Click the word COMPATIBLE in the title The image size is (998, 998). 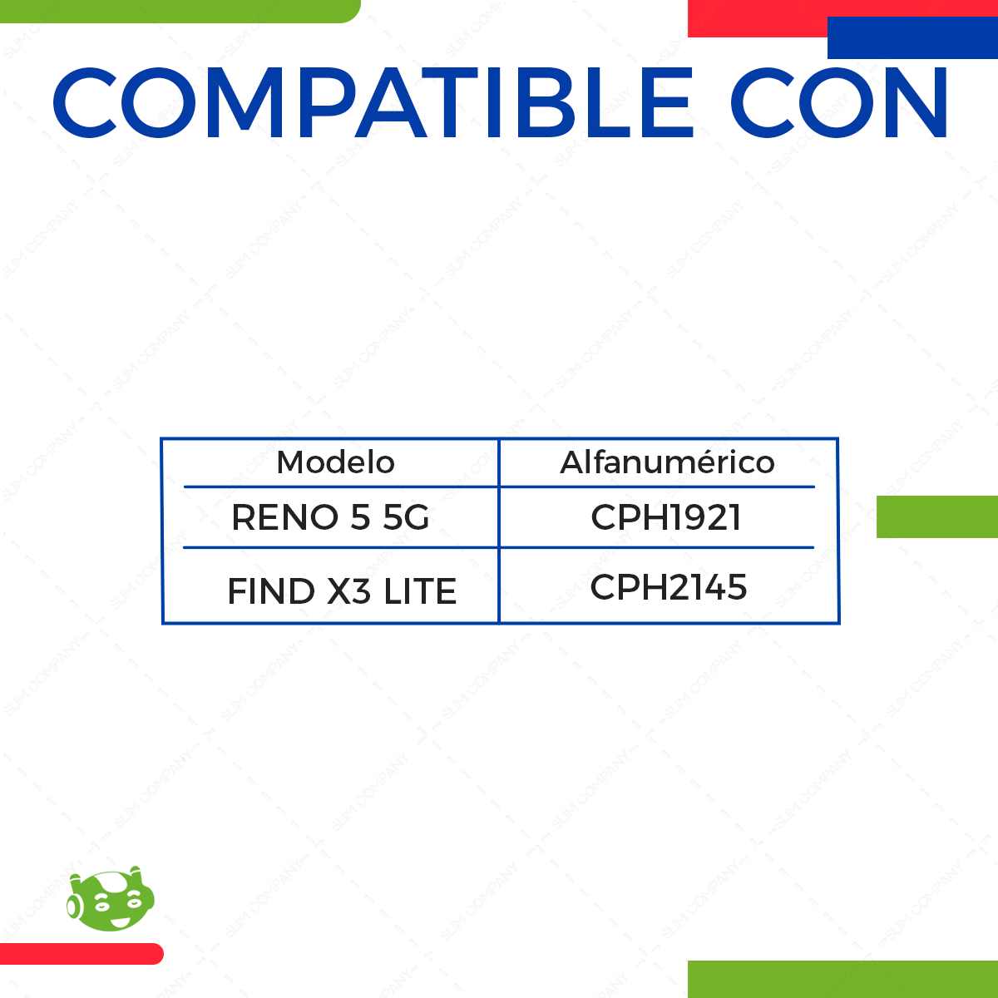click(x=373, y=103)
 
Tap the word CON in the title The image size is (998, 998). click(x=839, y=103)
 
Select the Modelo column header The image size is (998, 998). click(x=335, y=462)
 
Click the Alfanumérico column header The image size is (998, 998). click(x=667, y=462)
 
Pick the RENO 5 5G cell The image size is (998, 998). click(x=330, y=517)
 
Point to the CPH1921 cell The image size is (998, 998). click(x=665, y=517)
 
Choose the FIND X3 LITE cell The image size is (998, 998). click(x=342, y=591)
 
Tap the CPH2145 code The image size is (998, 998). click(x=668, y=587)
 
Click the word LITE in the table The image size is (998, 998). click(x=420, y=591)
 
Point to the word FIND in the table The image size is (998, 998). click(x=271, y=591)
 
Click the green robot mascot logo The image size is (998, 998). click(x=111, y=900)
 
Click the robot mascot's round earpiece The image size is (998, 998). click(x=74, y=906)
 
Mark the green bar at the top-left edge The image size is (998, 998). click(x=179, y=11)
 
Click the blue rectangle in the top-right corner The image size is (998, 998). click(x=912, y=38)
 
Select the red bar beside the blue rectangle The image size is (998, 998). click(x=757, y=18)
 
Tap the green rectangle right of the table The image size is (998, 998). click(x=937, y=516)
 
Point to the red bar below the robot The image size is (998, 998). click(x=81, y=954)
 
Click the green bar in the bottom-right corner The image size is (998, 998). click(x=842, y=979)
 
